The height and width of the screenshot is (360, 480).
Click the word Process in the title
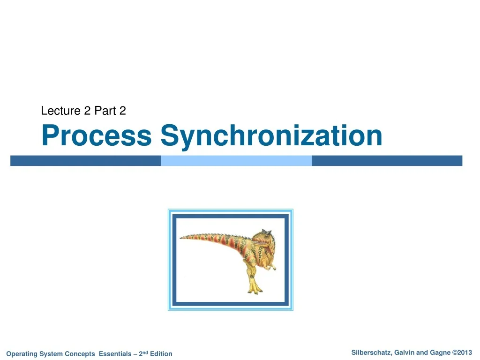click(96, 135)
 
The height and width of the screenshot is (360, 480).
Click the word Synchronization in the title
click(271, 135)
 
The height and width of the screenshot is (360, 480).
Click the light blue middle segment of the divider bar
click(236, 161)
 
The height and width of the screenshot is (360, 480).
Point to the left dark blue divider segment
click(85, 161)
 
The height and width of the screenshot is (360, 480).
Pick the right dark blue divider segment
click(387, 161)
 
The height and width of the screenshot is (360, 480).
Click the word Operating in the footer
click(22, 354)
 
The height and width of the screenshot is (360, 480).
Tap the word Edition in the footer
click(161, 354)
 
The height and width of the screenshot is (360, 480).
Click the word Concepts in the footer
click(80, 354)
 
